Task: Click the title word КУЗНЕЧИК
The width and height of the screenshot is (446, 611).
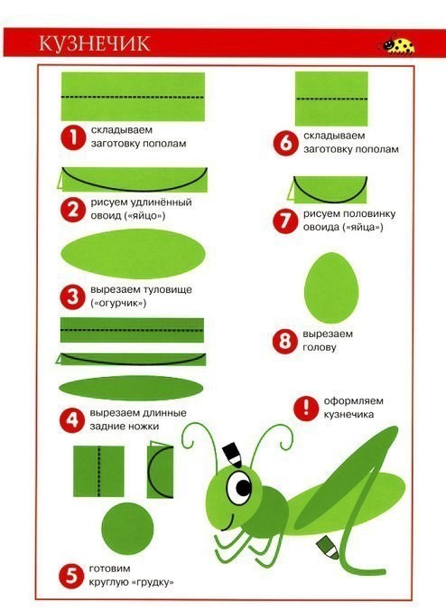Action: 95,43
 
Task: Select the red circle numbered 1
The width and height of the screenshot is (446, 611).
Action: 73,137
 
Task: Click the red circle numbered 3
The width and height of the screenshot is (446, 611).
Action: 72,297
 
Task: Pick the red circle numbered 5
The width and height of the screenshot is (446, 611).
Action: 71,576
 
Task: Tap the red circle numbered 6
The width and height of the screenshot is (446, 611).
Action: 285,143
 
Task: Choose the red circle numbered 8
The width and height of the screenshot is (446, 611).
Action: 285,341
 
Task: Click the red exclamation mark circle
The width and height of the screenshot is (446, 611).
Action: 306,408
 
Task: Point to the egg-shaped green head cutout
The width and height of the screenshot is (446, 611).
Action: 331,287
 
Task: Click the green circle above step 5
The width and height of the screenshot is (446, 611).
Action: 127,529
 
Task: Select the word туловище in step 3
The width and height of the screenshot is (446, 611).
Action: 167,290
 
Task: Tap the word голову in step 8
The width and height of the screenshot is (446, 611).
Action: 320,347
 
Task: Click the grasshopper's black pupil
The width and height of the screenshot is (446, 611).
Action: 243,486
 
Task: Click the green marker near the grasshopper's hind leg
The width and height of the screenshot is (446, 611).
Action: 327,547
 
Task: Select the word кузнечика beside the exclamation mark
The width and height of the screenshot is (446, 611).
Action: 348,415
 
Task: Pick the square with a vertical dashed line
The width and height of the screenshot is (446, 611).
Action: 98,471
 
